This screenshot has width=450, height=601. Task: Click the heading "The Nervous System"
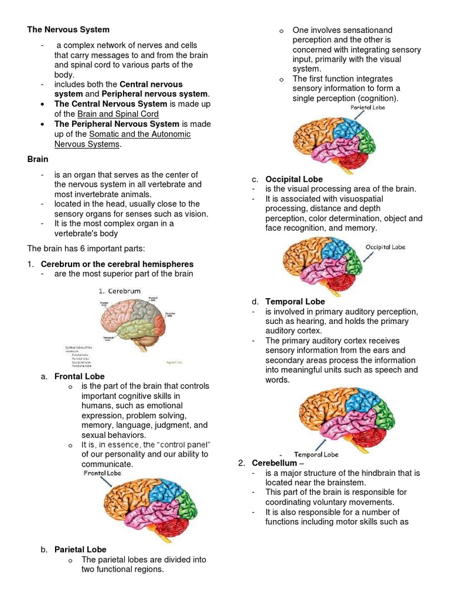coord(68,29)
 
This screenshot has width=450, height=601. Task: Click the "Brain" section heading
coord(37,159)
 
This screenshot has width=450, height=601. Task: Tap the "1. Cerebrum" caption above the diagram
coord(119,291)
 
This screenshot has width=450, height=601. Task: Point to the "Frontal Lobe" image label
coord(102,473)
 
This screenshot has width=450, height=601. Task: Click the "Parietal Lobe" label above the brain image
coord(367,108)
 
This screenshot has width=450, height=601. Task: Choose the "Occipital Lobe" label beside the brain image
coord(385,247)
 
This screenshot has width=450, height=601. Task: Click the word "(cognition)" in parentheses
coord(377,99)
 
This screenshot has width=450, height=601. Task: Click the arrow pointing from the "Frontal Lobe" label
coord(108,482)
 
